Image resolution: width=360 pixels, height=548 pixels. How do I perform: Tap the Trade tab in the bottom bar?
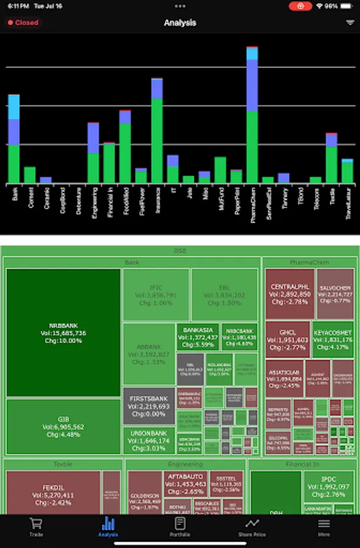click(x=36, y=527)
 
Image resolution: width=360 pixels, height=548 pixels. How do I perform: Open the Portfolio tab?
click(x=180, y=527)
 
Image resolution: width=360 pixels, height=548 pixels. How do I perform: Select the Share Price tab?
click(x=252, y=527)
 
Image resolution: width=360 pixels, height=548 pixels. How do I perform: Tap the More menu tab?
click(x=323, y=527)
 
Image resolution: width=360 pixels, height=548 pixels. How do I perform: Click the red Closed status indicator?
click(x=23, y=23)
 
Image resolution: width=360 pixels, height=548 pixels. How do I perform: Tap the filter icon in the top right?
click(x=350, y=23)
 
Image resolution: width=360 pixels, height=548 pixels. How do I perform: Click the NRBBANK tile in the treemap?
click(x=63, y=332)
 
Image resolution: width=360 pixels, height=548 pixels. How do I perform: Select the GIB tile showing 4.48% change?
click(x=63, y=426)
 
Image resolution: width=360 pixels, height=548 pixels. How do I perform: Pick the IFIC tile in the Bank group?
click(x=155, y=295)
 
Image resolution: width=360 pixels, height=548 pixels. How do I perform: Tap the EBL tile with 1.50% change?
click(x=224, y=295)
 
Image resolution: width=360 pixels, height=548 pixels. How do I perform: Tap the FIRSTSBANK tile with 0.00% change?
click(x=149, y=405)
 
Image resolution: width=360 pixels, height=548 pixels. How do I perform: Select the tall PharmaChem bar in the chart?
click(x=252, y=116)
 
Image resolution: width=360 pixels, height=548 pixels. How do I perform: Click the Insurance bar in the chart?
click(x=157, y=131)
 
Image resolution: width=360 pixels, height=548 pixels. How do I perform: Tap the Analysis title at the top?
click(x=180, y=23)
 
